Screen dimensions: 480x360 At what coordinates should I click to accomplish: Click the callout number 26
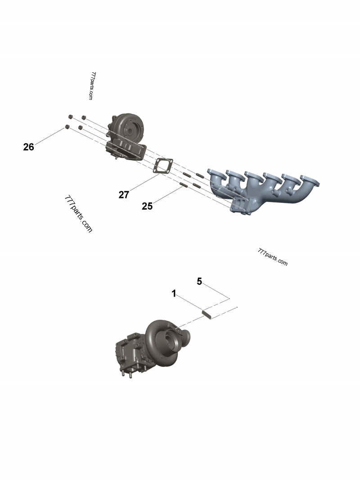point(29,147)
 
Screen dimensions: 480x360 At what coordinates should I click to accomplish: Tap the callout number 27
point(124,194)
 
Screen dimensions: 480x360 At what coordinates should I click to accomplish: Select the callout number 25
point(147,206)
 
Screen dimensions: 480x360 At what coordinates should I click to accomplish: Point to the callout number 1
point(174,293)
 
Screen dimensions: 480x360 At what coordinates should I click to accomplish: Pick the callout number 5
point(199,282)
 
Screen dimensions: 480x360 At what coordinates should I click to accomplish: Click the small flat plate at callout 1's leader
point(207,313)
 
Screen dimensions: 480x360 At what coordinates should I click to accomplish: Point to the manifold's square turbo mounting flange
point(239,205)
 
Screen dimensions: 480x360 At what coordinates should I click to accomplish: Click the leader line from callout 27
point(142,184)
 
